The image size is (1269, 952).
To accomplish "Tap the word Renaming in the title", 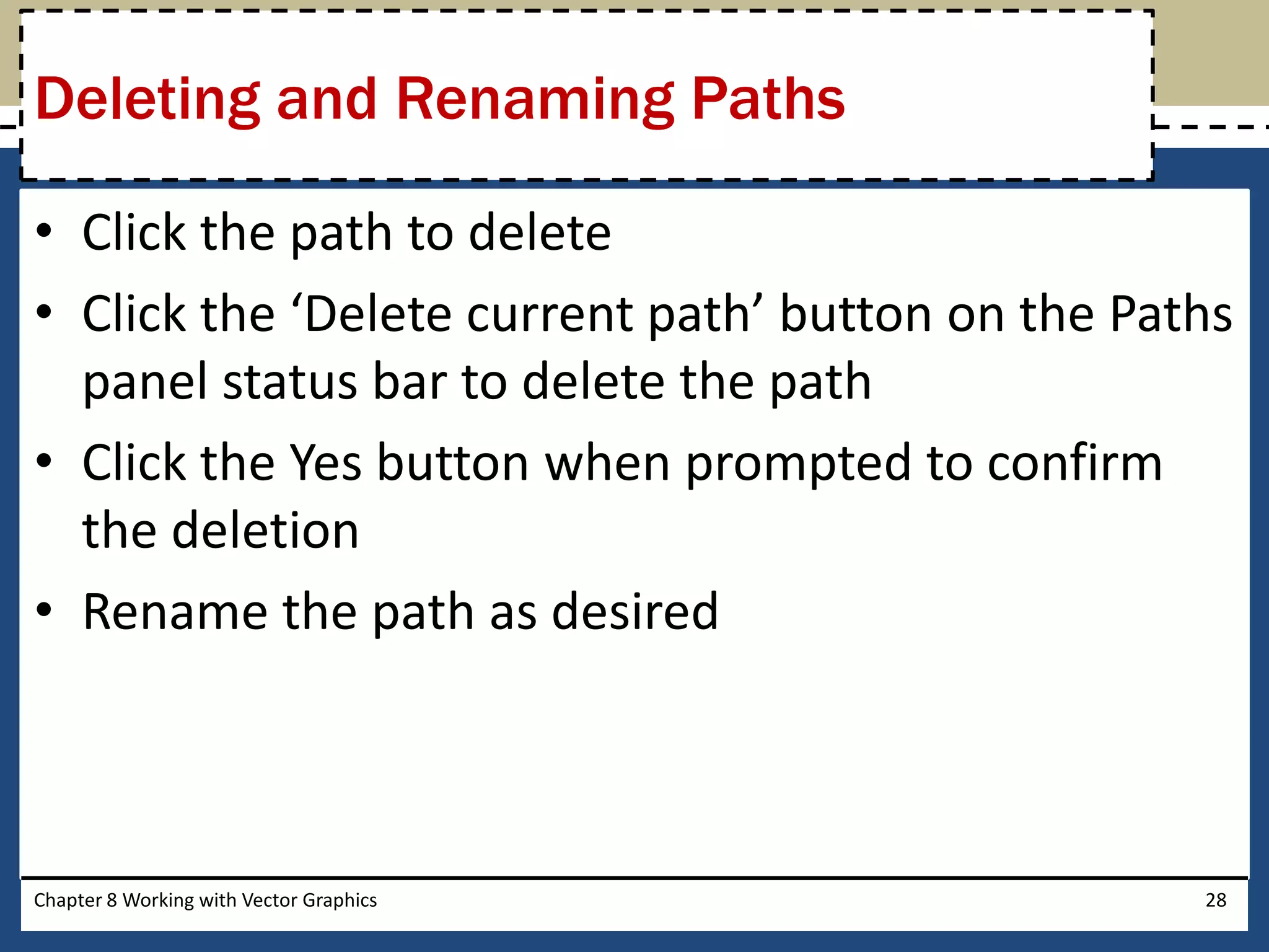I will coord(535,99).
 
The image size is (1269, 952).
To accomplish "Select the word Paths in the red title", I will coord(768,99).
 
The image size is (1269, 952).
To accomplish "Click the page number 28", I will coord(1216,900).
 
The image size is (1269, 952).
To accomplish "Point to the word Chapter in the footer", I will coord(68,900).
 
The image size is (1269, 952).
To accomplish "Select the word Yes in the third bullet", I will coord(326,463).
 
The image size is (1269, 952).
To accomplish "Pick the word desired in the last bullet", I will coord(635,612).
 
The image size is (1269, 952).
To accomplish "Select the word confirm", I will coord(1074,463).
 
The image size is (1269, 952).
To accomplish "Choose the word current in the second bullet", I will coord(550,314).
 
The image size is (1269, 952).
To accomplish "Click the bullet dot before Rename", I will coord(44,610).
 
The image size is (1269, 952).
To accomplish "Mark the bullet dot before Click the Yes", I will coord(44,461).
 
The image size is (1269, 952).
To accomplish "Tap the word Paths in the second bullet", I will coord(1170,314).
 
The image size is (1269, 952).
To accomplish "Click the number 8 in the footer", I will coord(112,900).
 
